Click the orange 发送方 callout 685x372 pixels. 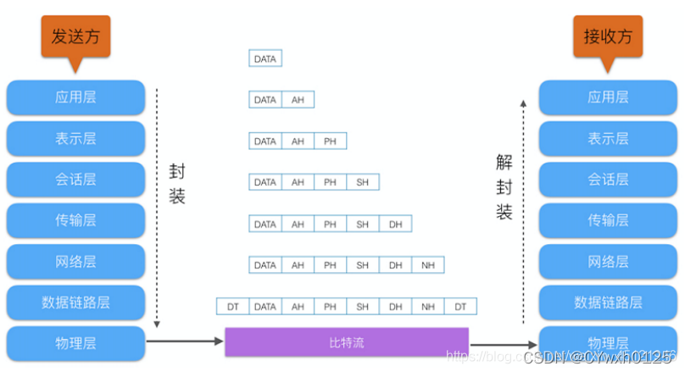click(75, 36)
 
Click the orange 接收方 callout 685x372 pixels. click(607, 36)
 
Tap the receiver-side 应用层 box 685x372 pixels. click(607, 97)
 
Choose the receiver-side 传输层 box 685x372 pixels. click(607, 220)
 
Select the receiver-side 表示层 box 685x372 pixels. click(607, 138)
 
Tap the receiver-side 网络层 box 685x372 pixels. click(607, 261)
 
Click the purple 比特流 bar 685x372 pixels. click(346, 343)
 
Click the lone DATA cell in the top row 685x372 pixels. click(265, 58)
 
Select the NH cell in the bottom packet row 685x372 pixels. click(427, 306)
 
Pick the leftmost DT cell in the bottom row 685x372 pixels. click(232, 306)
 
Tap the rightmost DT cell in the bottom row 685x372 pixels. click(460, 306)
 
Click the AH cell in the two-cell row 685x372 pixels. click(298, 100)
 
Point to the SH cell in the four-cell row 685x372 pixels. click(363, 182)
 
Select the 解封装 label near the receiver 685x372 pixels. click(504, 186)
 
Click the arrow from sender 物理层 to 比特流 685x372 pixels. click(185, 342)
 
